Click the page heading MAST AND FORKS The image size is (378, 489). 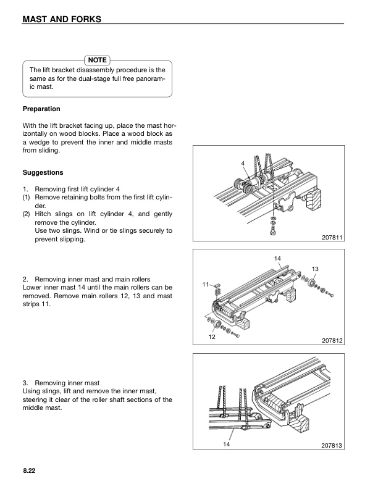coord(61,19)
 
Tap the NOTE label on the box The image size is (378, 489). coord(97,60)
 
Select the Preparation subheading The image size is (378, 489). coord(41,109)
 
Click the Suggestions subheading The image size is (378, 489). coord(43,172)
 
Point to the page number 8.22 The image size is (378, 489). coord(29,470)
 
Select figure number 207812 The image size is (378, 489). coord(332,340)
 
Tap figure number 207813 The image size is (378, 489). coord(332,445)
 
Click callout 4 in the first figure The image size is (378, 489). coord(243,163)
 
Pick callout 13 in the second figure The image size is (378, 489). coord(315,269)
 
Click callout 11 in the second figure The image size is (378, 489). coord(204,284)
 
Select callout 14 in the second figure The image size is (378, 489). coord(277,257)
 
